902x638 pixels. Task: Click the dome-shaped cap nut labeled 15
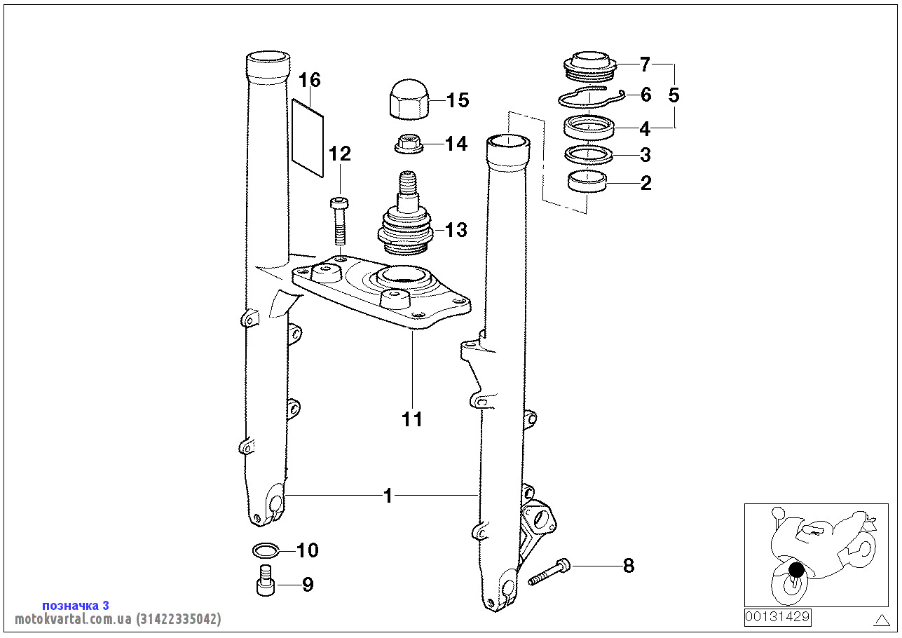[x=409, y=100]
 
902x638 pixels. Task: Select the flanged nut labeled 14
[x=409, y=144]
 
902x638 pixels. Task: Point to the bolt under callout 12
[x=339, y=221]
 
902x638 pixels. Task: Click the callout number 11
[x=412, y=419]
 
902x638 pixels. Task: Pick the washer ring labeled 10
[x=266, y=550]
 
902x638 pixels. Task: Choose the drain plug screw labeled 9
[x=266, y=581]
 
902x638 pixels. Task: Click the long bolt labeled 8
[x=549, y=571]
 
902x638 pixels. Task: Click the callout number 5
[x=674, y=95]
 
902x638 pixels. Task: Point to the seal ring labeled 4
[x=589, y=128]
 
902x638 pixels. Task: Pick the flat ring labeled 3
[x=589, y=155]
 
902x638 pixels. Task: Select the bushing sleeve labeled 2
[x=587, y=182]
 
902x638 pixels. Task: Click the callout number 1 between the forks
[x=388, y=496]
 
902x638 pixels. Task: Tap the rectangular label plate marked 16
[x=308, y=138]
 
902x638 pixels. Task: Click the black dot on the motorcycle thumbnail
[x=796, y=570]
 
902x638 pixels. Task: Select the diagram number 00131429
[x=777, y=617]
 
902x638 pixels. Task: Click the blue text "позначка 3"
[x=76, y=606]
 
